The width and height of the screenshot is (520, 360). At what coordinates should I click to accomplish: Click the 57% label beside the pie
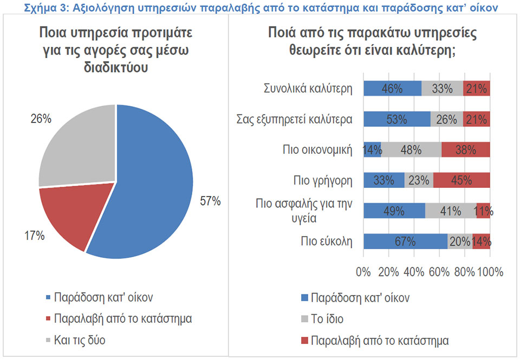[211, 201]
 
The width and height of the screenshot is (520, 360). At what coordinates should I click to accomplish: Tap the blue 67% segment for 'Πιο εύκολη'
[405, 241]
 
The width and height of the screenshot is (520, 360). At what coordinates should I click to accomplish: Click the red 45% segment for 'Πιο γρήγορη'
[461, 180]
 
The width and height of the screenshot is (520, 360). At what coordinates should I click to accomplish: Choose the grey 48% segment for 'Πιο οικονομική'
[411, 149]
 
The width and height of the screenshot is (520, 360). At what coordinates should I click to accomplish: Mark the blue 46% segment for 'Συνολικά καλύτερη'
[392, 88]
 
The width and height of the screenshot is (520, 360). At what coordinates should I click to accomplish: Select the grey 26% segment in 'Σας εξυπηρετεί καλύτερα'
[447, 119]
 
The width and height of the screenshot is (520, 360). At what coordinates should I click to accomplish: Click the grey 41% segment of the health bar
[451, 211]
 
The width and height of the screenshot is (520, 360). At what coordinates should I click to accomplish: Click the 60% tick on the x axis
[439, 271]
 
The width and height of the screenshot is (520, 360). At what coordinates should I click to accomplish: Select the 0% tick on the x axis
[363, 271]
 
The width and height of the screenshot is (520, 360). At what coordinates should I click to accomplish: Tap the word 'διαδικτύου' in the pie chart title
[115, 70]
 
